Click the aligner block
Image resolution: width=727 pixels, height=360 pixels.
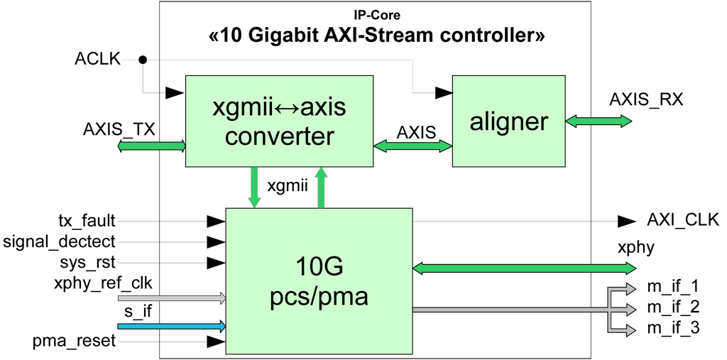click(508, 121)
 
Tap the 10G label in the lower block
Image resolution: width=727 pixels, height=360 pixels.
click(319, 268)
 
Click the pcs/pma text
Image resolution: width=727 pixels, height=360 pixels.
click(319, 295)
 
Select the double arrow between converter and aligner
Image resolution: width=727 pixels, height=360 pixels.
click(412, 146)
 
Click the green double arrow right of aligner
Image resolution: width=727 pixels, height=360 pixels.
click(598, 121)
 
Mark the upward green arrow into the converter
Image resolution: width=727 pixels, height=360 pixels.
click(322, 187)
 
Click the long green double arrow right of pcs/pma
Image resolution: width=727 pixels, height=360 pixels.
click(524, 268)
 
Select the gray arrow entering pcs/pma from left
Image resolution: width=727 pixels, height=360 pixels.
click(171, 299)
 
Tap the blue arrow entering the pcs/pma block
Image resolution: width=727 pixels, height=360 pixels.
click(171, 327)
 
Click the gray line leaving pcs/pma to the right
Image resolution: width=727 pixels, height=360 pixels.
click(508, 310)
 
